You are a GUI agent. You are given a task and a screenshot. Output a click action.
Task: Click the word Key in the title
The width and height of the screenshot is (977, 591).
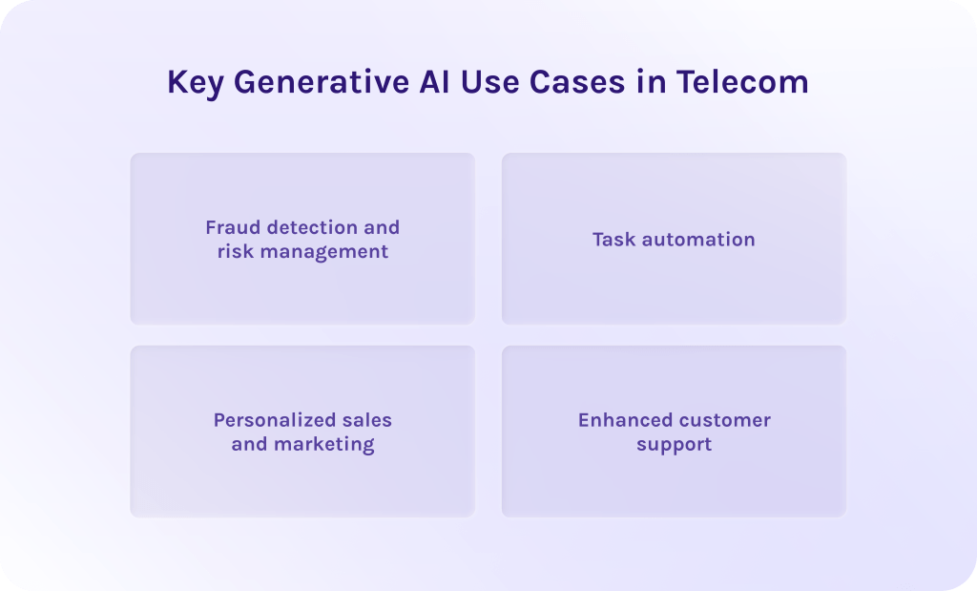point(196,82)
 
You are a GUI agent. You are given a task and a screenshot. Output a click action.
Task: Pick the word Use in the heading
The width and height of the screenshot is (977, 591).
point(489,82)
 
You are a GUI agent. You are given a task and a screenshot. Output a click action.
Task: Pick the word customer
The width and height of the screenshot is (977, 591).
point(726,420)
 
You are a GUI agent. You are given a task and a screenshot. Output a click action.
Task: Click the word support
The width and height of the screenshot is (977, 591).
point(674,445)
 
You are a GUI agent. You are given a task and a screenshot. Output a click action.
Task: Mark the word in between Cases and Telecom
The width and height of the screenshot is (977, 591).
point(651,82)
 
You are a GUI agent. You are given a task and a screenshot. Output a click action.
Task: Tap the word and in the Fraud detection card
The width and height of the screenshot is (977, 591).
point(381,227)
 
